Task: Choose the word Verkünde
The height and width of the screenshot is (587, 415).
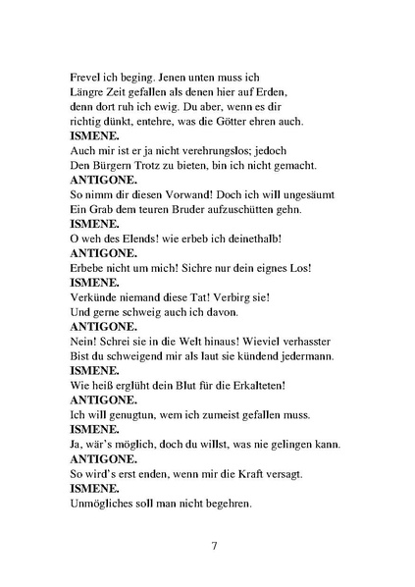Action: pyautogui.click(x=99, y=297)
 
